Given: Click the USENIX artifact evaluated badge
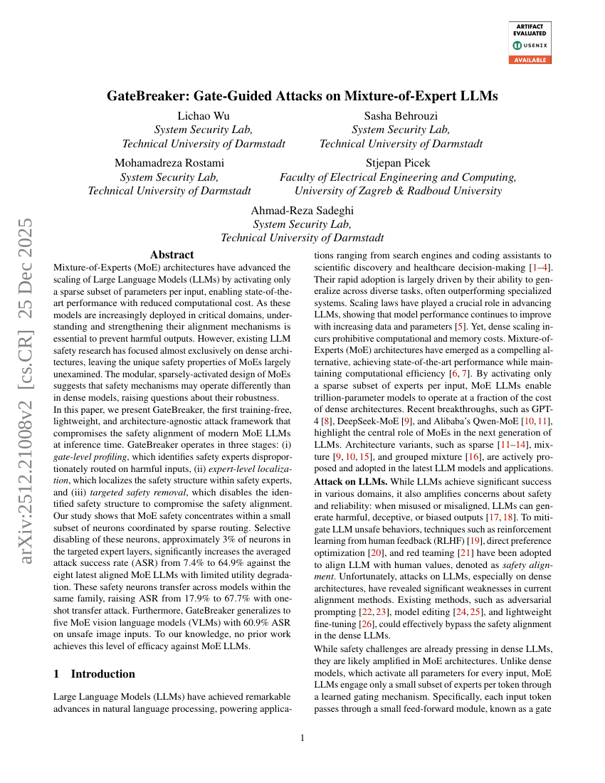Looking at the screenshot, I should click(527, 43).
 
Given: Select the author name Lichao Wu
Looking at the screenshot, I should click(204, 116).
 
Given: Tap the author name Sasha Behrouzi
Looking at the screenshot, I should click(400, 116).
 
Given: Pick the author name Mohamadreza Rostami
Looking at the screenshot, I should click(169, 164).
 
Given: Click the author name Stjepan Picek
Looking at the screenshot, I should click(399, 164).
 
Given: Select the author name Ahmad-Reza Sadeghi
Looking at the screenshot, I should click(302, 211).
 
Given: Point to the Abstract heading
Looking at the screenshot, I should click(172, 254).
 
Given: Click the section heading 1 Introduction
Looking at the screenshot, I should click(95, 673).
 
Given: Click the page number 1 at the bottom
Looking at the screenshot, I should click(302, 738).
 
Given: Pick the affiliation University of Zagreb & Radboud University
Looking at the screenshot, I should click(398, 191).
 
